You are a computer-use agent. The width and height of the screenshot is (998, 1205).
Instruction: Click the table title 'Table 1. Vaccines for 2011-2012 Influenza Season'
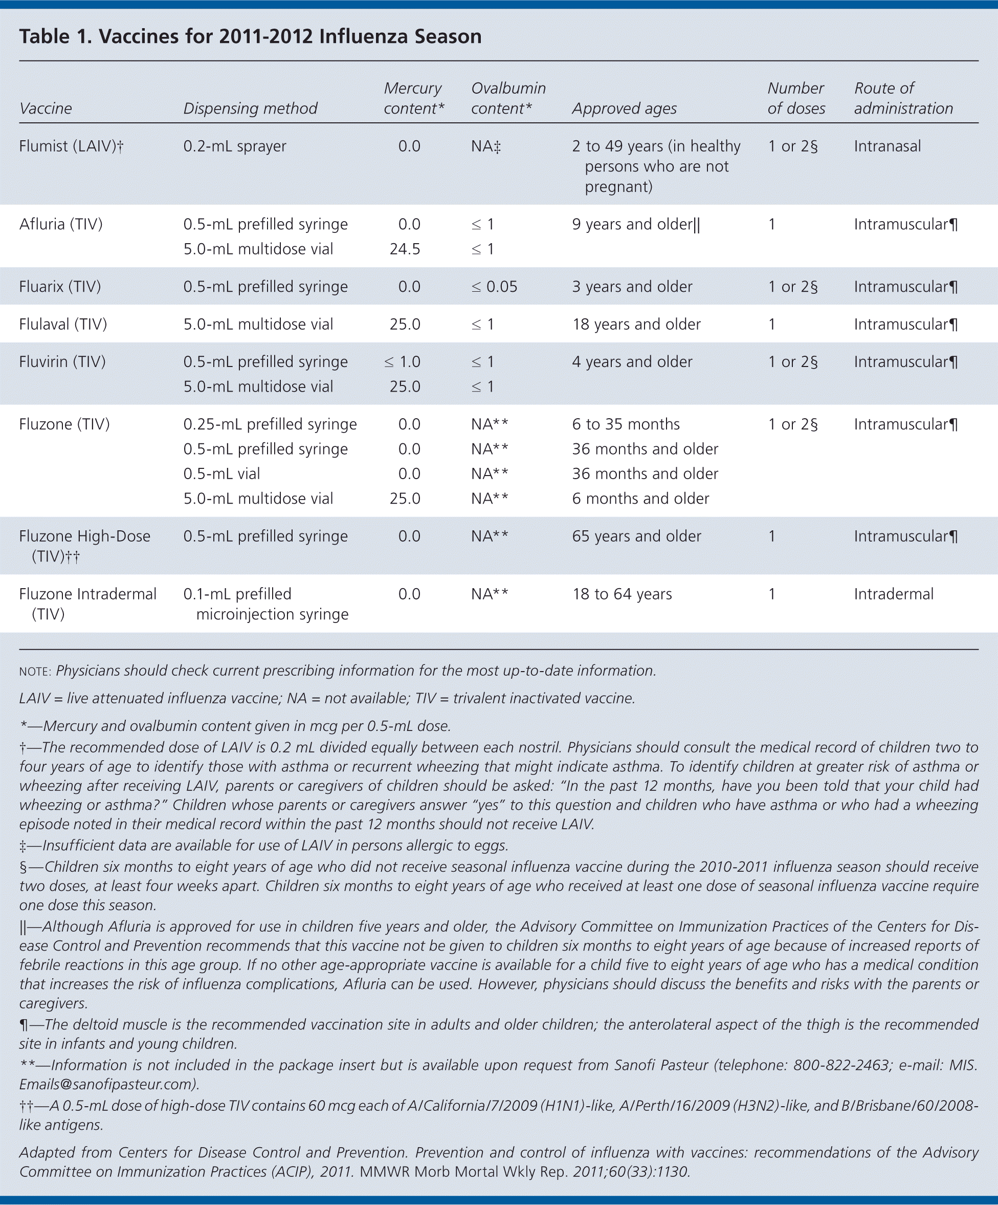[250, 37]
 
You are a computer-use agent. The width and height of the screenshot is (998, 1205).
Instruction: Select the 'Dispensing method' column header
[250, 109]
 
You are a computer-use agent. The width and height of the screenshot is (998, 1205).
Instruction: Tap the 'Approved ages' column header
[624, 109]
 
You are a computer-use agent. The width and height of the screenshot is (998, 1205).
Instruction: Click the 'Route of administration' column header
[903, 98]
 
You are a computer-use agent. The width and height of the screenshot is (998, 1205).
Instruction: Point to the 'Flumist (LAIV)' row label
[71, 146]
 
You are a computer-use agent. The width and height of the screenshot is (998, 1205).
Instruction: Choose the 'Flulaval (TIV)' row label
[63, 324]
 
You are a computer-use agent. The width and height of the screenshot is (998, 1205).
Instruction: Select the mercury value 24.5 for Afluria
[405, 249]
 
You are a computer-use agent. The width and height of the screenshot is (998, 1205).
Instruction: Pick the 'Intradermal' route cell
[893, 594]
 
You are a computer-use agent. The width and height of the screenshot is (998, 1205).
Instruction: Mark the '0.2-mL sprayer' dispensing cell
[235, 146]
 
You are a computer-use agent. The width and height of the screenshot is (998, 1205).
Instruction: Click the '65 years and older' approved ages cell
[636, 536]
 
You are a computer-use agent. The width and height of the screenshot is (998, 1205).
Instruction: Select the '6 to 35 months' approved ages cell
[625, 424]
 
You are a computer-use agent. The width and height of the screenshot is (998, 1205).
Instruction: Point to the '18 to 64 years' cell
[622, 594]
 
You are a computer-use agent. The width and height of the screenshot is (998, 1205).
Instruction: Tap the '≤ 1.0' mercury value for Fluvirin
[402, 362]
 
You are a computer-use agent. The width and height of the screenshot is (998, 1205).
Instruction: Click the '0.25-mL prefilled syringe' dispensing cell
[270, 424]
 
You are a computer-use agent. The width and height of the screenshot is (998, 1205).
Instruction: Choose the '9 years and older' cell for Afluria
[635, 224]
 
